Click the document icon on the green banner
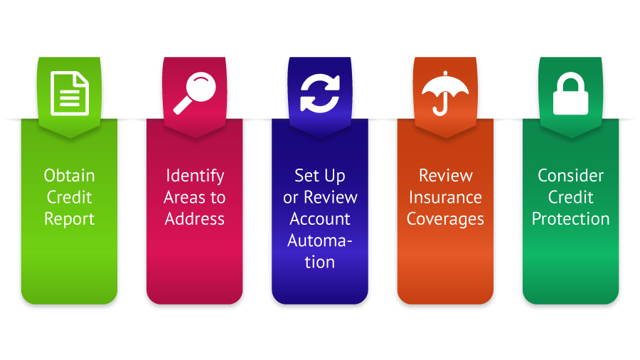(x=70, y=93)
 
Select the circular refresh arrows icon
(x=320, y=93)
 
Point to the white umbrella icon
(x=445, y=93)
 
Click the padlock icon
(x=571, y=95)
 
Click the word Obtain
(x=69, y=176)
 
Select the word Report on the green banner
(x=69, y=218)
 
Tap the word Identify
(x=195, y=176)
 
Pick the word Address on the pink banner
(x=195, y=218)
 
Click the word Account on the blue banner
(x=320, y=218)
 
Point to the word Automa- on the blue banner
(x=320, y=240)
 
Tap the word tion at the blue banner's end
(x=320, y=262)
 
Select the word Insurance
(x=445, y=197)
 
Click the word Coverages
(x=445, y=218)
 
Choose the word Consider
(x=571, y=176)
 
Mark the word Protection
(x=571, y=218)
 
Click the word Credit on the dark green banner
(x=571, y=197)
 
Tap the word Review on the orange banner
(x=445, y=176)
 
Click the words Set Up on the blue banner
(x=320, y=176)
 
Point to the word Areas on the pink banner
(x=185, y=197)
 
